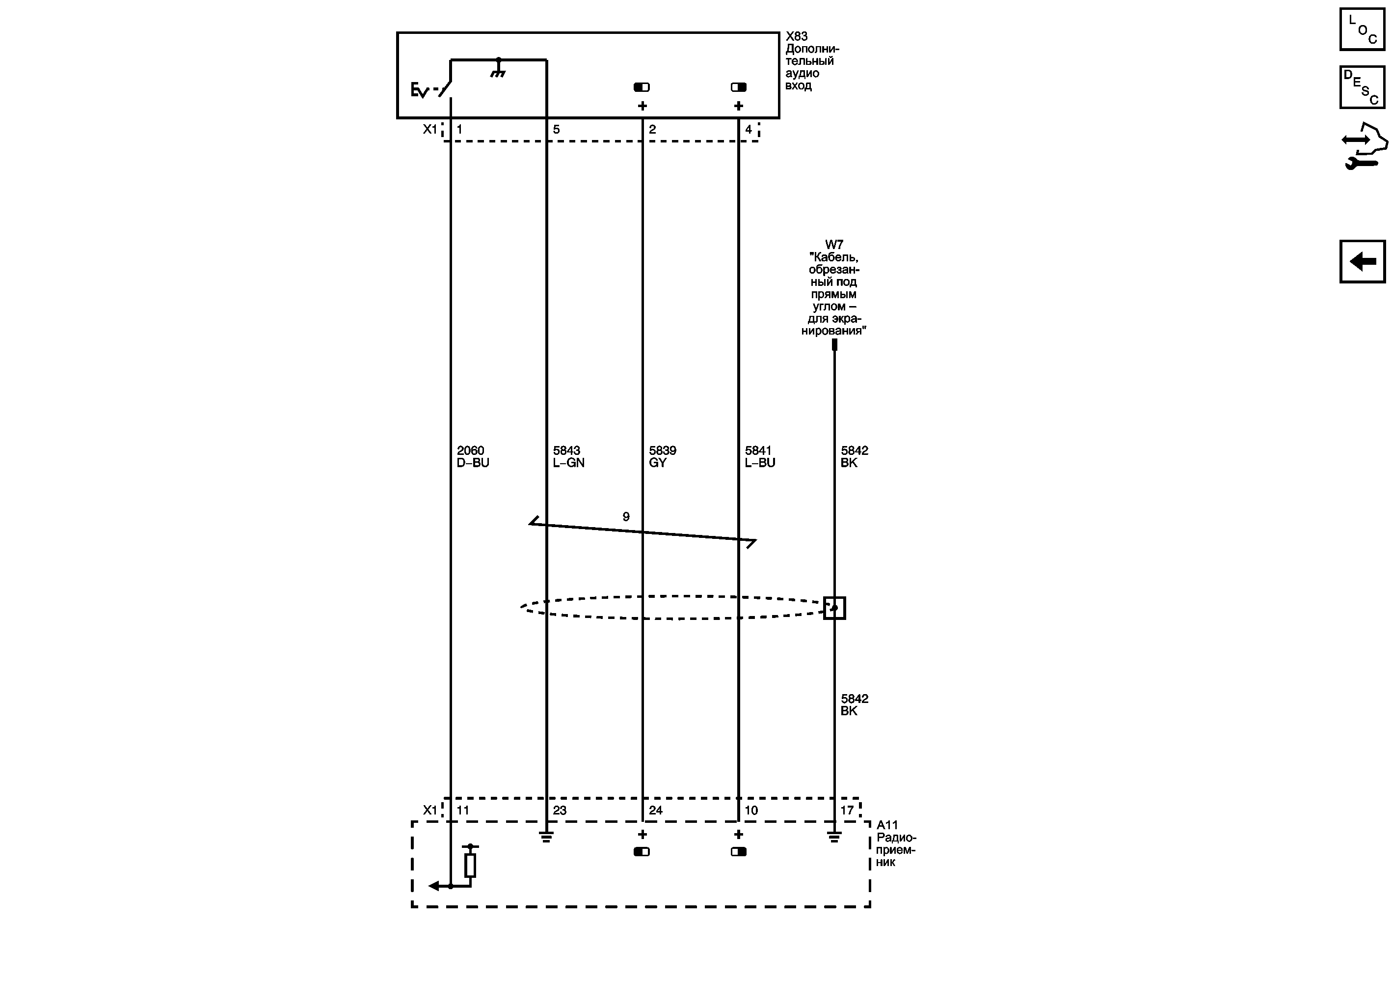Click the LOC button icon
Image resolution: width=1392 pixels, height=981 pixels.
pyautogui.click(x=1362, y=29)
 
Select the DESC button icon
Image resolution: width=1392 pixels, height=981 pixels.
pyautogui.click(x=1362, y=87)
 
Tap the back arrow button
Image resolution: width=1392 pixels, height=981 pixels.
pyautogui.click(x=1362, y=261)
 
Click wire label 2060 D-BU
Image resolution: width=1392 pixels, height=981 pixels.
pyautogui.click(x=473, y=456)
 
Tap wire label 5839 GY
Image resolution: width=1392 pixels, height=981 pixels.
pyautogui.click(x=663, y=456)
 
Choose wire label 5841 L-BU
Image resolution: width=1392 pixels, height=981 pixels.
pyautogui.click(x=760, y=456)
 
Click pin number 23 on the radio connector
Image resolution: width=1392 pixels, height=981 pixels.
pyautogui.click(x=559, y=810)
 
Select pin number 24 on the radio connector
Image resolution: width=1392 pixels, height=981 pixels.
pyautogui.click(x=655, y=810)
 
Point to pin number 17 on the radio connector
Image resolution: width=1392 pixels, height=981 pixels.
pyautogui.click(x=847, y=810)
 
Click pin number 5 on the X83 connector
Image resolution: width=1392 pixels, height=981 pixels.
pyautogui.click(x=556, y=129)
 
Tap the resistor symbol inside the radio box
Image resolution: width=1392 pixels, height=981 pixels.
pyautogui.click(x=470, y=865)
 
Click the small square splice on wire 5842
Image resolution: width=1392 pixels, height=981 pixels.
pyautogui.click(x=834, y=608)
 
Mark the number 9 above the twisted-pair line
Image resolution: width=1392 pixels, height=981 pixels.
pyautogui.click(x=626, y=516)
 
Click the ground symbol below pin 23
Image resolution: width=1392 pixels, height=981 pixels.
pyautogui.click(x=546, y=837)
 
